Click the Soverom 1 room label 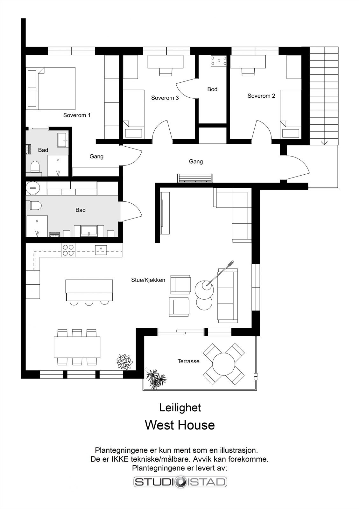click(x=77, y=115)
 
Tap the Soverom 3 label click(x=165, y=98)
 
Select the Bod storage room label click(x=212, y=89)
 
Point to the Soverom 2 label click(x=261, y=96)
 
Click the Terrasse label click(x=188, y=361)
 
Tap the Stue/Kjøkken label click(x=148, y=280)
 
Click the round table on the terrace click(x=224, y=364)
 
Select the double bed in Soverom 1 click(x=51, y=88)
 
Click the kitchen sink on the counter click(x=101, y=250)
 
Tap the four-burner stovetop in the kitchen click(x=68, y=250)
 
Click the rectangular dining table click(x=77, y=347)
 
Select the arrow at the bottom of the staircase click(x=324, y=143)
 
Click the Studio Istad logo click(x=180, y=482)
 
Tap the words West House click(x=180, y=425)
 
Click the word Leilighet click(x=180, y=408)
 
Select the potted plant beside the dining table click(x=124, y=362)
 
